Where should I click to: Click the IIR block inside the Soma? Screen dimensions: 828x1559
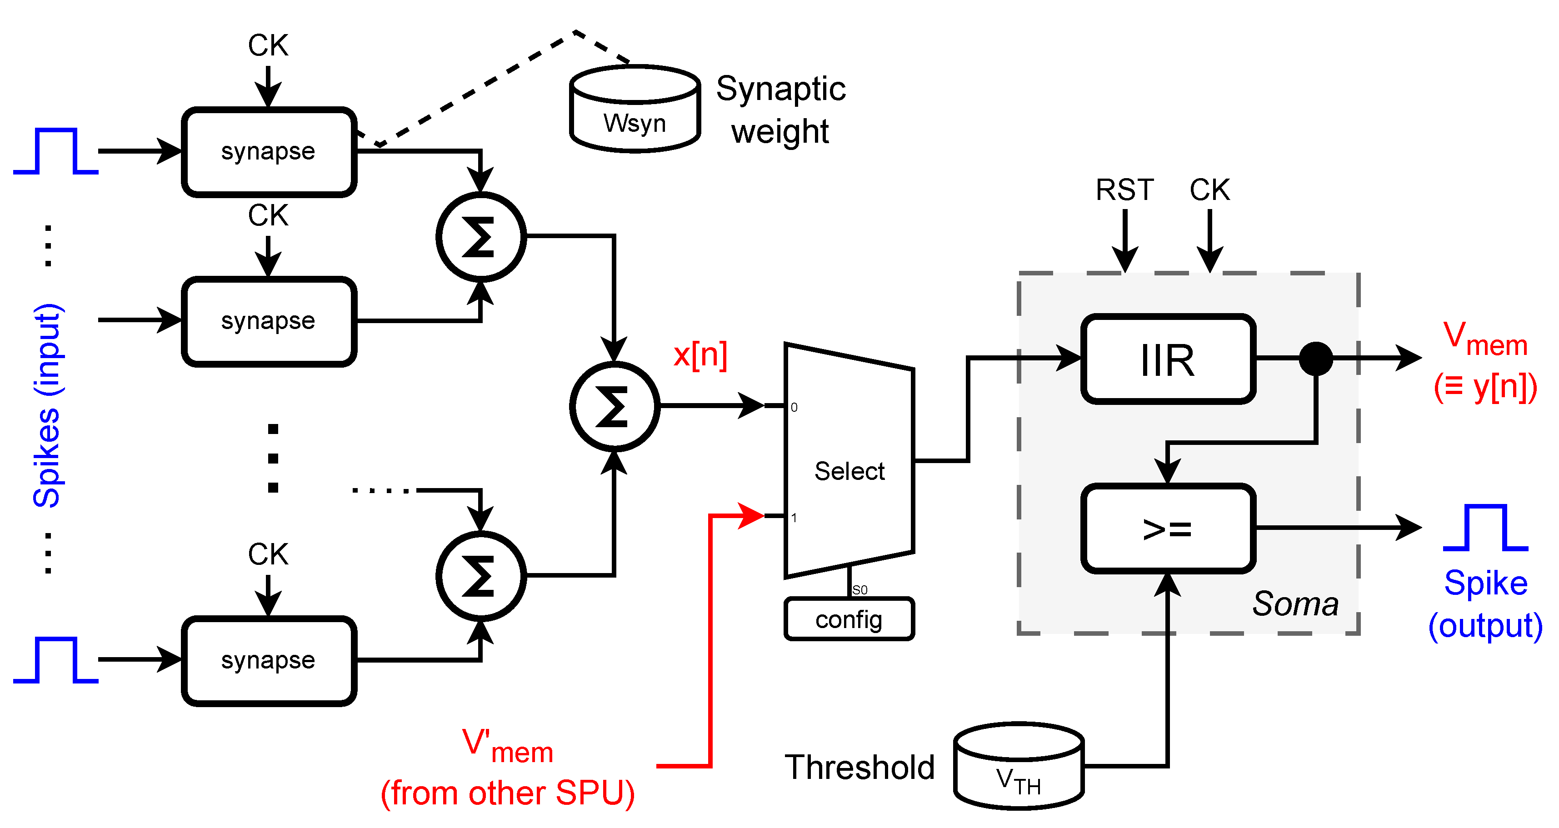(x=1168, y=359)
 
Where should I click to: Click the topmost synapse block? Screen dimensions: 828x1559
(x=269, y=152)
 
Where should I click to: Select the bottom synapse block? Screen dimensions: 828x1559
(x=269, y=660)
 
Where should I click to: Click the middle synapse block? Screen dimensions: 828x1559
(x=269, y=321)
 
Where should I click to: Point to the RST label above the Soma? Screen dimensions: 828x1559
(x=1124, y=190)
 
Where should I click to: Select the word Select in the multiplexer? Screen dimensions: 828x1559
(x=849, y=471)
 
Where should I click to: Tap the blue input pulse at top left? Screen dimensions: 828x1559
(x=55, y=151)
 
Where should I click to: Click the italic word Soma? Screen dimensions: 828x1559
(x=1295, y=604)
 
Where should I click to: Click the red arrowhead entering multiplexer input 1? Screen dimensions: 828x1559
(x=752, y=516)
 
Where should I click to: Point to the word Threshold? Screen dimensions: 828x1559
(x=859, y=768)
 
